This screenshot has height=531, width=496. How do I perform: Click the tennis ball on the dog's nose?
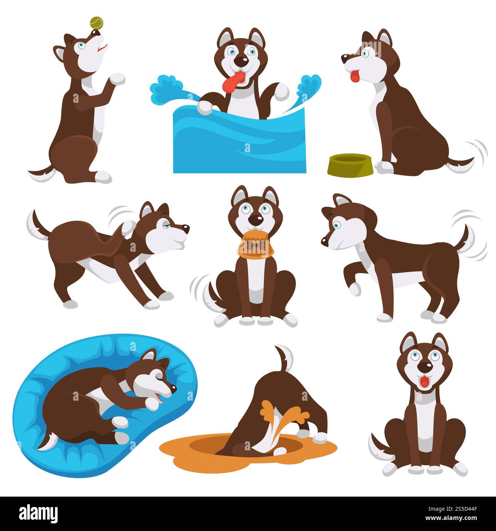[95, 23]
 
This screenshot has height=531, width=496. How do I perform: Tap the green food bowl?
[350, 164]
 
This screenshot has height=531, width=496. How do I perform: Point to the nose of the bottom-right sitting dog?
[424, 367]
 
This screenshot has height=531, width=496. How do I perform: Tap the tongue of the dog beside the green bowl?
[355, 76]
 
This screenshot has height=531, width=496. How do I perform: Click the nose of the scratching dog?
[186, 228]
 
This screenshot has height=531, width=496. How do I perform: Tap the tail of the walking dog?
[466, 237]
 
